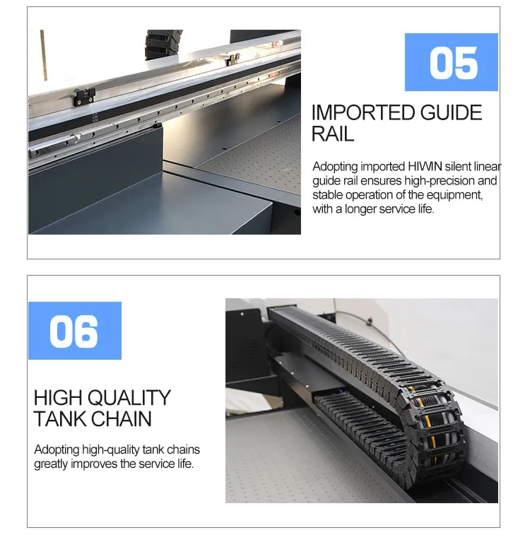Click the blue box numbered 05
point(452,62)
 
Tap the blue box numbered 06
point(75,331)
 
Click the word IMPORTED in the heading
point(363,112)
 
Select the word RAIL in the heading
point(333,134)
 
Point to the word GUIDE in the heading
point(451,112)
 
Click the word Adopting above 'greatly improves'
point(57,450)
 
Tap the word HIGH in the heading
point(58,398)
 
